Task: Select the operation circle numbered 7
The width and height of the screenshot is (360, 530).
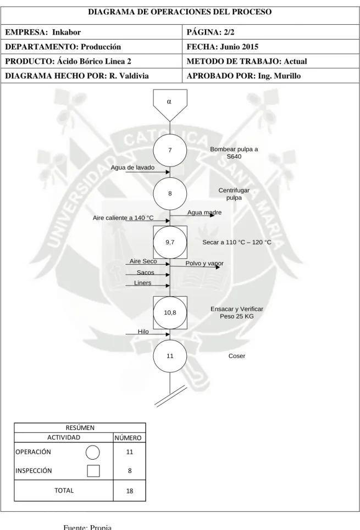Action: (170, 150)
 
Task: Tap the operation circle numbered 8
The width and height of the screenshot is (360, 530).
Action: (170, 193)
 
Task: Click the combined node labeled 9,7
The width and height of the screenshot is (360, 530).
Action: (170, 242)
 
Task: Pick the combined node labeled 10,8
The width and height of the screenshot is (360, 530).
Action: (170, 313)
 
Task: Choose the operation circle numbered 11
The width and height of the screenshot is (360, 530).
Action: (170, 355)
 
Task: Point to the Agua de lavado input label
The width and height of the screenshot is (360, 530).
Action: (132, 168)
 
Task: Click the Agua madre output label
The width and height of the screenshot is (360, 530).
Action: (204, 212)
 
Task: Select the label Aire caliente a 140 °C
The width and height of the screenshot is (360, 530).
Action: (123, 218)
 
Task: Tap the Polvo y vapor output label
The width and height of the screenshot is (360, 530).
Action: (204, 263)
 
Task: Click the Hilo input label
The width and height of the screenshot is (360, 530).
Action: (143, 332)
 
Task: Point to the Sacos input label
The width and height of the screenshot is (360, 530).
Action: (146, 272)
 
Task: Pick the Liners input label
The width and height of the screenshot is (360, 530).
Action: (143, 283)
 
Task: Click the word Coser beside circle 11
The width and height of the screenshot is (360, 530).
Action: (237, 356)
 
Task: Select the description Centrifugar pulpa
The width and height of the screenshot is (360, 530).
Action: (234, 194)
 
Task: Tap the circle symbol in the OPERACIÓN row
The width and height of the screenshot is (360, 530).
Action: (93, 452)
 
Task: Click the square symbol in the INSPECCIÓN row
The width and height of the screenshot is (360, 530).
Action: (93, 471)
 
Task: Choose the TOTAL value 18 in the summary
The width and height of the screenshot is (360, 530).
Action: (130, 491)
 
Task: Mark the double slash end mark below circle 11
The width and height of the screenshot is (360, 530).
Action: (171, 395)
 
